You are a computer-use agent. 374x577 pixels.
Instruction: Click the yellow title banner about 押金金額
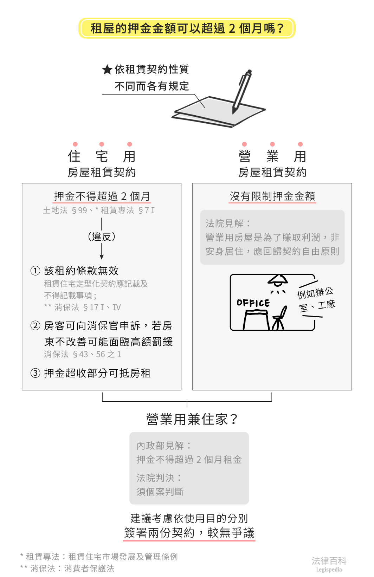187,28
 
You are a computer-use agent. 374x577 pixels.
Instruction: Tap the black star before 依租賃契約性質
107,70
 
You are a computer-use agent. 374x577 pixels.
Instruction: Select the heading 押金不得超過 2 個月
102,196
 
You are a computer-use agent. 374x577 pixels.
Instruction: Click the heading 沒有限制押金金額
272,196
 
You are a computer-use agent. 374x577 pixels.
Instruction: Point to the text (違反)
102,236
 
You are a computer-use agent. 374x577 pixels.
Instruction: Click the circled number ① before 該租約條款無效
36,271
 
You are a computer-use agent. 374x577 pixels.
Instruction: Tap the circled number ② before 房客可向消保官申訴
36,326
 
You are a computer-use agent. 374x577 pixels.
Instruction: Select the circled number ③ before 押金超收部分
36,373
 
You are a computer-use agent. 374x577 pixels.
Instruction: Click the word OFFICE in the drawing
253,303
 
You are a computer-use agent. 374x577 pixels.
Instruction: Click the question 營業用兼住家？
192,419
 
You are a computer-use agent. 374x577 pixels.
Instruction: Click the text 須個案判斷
160,492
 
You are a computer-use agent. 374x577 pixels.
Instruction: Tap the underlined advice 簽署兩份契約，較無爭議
189,533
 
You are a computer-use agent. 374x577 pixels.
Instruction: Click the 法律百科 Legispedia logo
329,563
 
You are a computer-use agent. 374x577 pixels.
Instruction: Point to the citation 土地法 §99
65,210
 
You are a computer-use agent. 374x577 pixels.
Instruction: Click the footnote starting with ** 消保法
67,568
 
